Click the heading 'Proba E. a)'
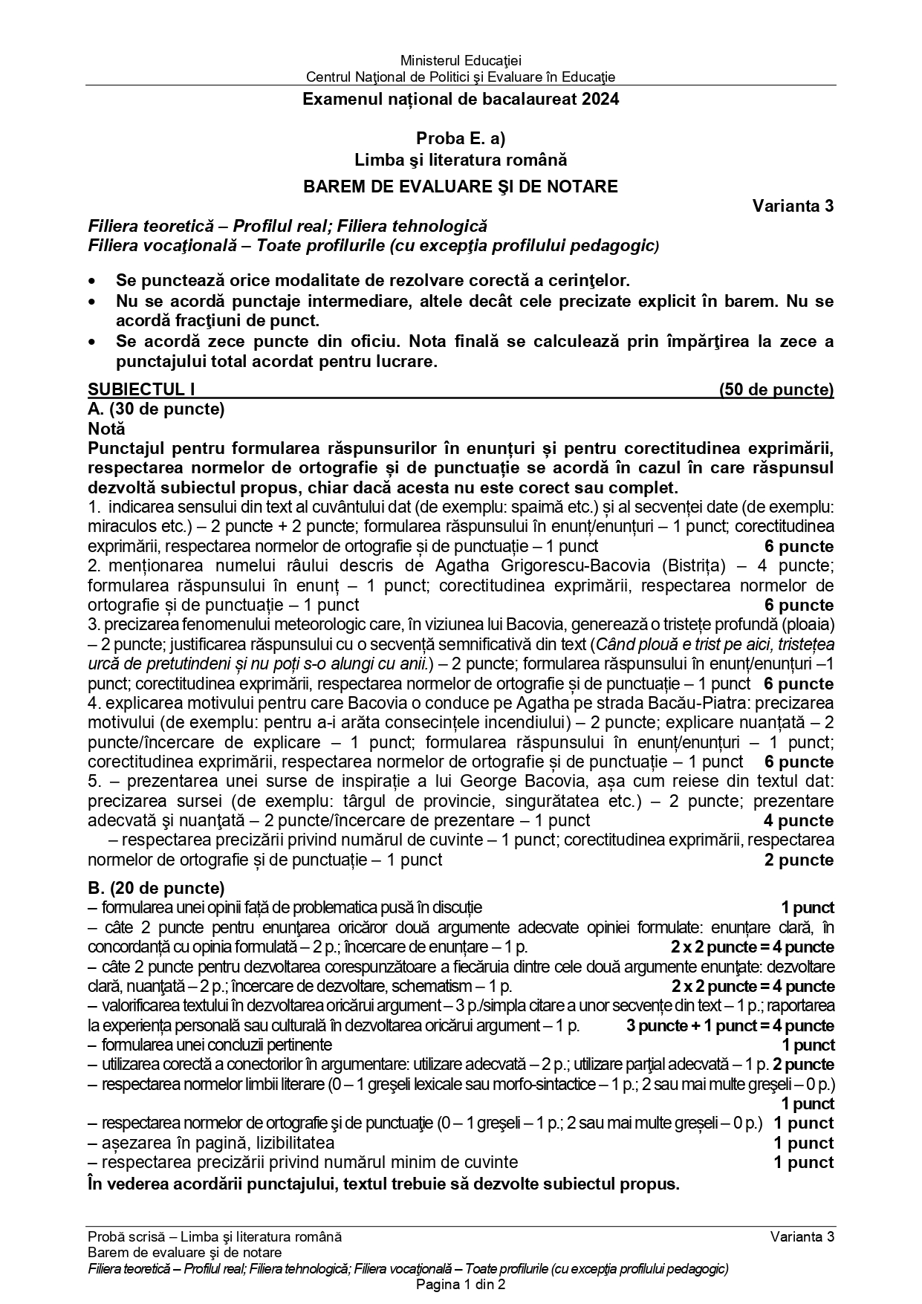tap(461, 138)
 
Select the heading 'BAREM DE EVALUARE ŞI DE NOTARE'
tap(461, 186)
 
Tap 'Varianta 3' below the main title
tap(793, 206)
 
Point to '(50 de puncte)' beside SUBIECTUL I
tap(776, 389)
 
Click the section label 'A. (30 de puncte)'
tap(156, 409)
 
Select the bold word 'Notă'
tap(106, 429)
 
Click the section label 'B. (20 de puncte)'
tap(156, 888)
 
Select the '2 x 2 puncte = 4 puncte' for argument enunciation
tap(752, 947)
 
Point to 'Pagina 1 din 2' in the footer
tap(461, 1285)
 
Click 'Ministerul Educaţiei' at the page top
tap(461, 61)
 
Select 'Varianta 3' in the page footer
tap(802, 1237)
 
